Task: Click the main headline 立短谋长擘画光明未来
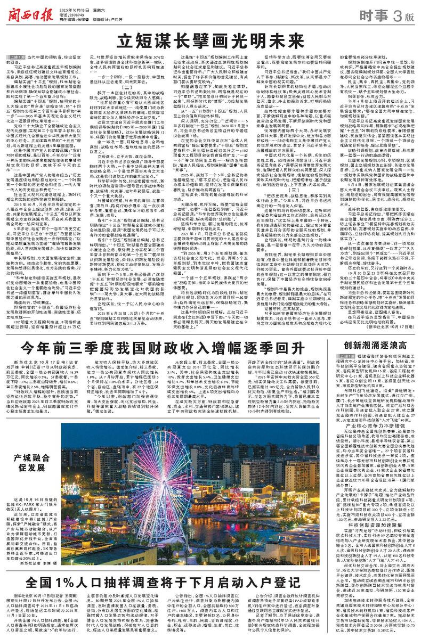point(210,39)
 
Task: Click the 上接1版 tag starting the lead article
point(16,56)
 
